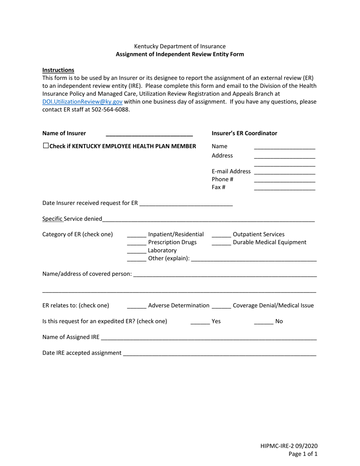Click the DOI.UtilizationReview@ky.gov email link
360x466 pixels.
pos(82,102)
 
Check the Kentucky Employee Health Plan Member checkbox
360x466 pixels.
pos(46,146)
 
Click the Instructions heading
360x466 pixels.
pos(58,70)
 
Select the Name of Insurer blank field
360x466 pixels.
pos(149,133)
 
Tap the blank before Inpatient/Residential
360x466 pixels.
pos(136,235)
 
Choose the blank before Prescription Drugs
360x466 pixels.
pos(136,242)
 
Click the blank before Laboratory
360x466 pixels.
pos(136,250)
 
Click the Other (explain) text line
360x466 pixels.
pos(254,258)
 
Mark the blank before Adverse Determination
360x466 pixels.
pos(136,306)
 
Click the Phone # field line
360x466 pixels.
pos(284,180)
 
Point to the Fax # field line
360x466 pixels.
pos(284,188)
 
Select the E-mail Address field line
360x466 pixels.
pos(284,172)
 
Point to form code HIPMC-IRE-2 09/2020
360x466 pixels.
pos(289,446)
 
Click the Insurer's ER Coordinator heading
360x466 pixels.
pos(244,133)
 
